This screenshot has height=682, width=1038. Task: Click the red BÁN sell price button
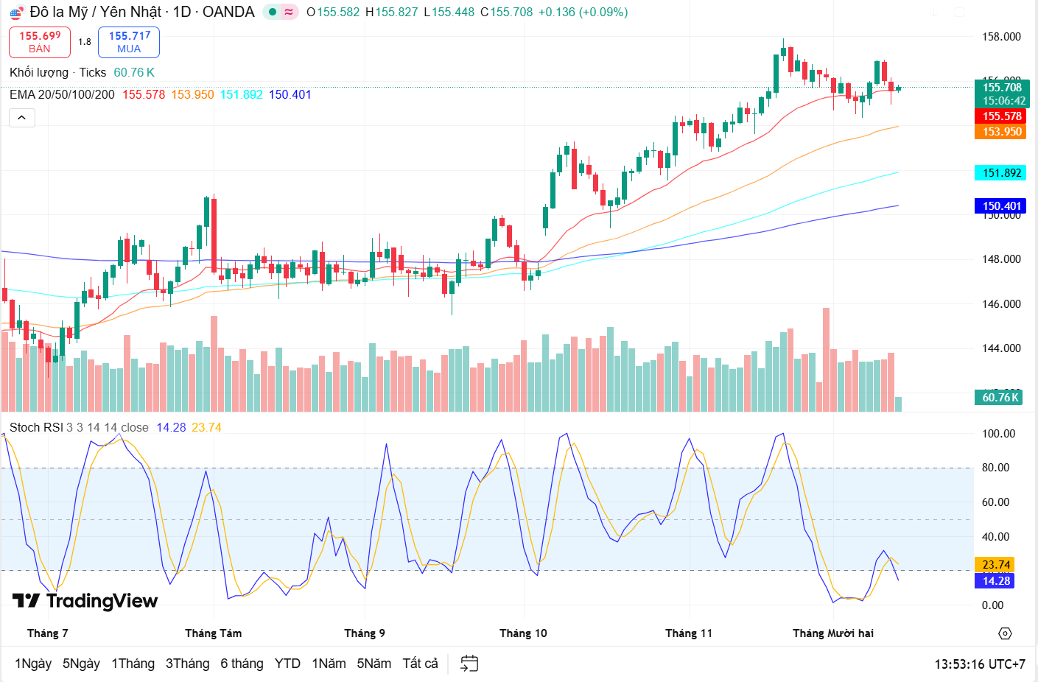40,42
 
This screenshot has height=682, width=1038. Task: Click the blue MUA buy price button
129,42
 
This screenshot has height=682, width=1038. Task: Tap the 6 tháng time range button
242,664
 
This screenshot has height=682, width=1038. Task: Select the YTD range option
287,664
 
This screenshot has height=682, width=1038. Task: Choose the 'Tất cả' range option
420,664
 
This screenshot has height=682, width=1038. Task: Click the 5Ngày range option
81,664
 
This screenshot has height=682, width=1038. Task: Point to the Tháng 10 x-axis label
523,633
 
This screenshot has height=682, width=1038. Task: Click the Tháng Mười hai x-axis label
832,633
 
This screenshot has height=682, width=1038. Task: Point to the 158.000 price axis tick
1001,37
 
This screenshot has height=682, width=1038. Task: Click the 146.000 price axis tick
1001,304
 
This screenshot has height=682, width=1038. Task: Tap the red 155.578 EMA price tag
1001,116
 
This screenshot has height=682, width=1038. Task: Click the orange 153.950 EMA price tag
1001,132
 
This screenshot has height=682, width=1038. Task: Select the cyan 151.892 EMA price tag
1001,173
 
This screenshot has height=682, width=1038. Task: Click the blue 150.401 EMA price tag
1001,206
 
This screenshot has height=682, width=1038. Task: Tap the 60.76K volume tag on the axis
1000,398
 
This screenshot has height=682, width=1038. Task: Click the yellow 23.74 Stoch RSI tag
995,565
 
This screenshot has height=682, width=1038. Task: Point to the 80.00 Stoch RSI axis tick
995,468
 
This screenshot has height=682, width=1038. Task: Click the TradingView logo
85,601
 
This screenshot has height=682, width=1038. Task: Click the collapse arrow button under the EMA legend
22,118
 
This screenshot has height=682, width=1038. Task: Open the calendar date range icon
469,664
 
